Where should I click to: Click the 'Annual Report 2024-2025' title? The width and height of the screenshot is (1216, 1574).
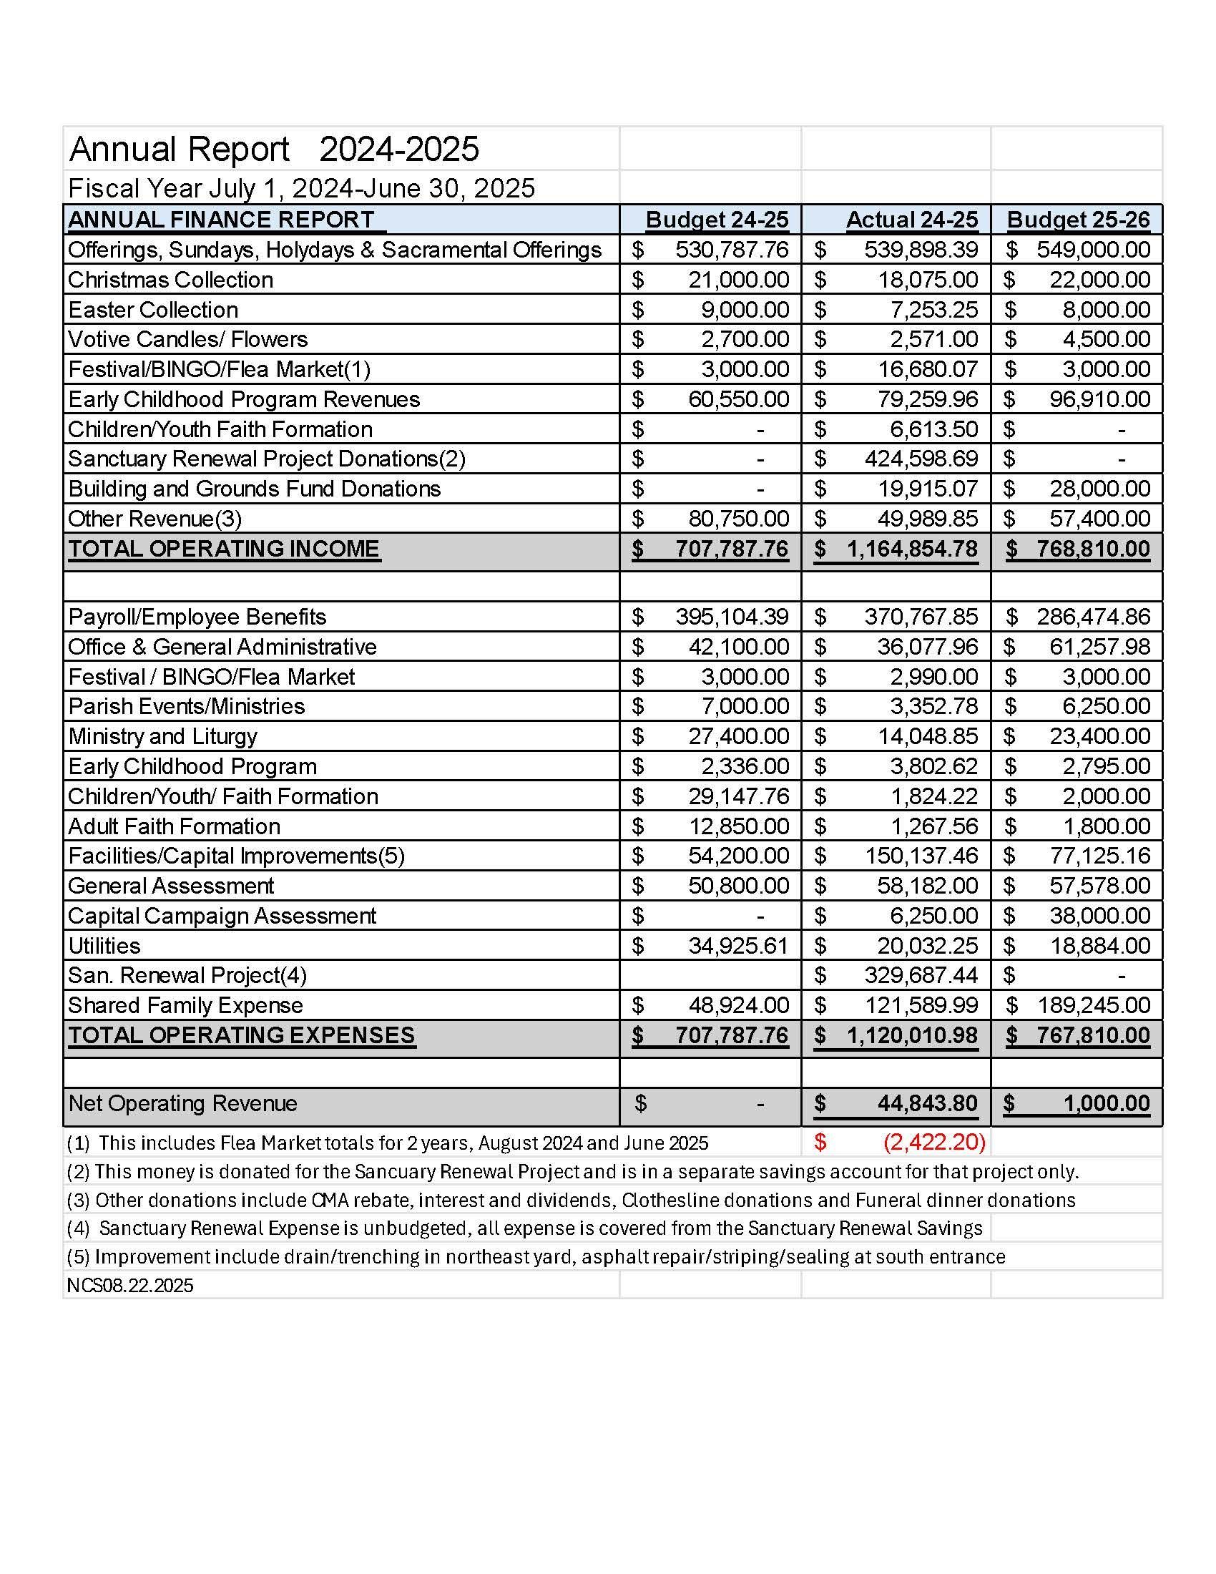tap(274, 150)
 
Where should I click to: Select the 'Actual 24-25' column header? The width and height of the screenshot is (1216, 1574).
tap(911, 220)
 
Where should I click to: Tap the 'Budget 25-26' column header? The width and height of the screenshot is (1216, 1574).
tap(1078, 220)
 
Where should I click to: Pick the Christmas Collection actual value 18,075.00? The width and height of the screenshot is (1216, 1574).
tap(927, 280)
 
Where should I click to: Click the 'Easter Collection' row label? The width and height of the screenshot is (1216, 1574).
tap(153, 310)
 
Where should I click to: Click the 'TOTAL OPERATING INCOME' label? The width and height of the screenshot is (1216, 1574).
tap(223, 549)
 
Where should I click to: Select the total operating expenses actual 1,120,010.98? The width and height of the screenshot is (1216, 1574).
tap(912, 1036)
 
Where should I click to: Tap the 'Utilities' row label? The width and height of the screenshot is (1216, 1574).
tap(104, 946)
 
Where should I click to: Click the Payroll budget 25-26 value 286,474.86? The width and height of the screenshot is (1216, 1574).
tap(1093, 617)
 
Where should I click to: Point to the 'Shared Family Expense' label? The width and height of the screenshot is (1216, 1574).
tap(185, 1005)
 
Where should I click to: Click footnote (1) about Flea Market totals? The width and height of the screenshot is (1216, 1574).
tap(388, 1143)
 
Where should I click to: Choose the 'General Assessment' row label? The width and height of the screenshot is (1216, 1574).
tap(171, 886)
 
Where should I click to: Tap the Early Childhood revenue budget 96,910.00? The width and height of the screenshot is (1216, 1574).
tap(1099, 399)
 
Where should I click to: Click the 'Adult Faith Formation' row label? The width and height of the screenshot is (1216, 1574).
tap(175, 826)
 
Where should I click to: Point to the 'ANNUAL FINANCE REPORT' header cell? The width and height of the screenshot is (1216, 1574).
tap(221, 220)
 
